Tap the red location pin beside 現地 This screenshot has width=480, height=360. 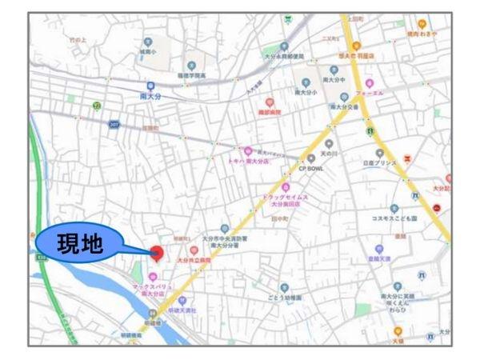point(157,253)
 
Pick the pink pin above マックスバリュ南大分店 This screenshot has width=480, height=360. point(152,277)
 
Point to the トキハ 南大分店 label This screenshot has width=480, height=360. point(248,160)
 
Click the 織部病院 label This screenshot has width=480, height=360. point(270,114)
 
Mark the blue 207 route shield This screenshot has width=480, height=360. point(114,125)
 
